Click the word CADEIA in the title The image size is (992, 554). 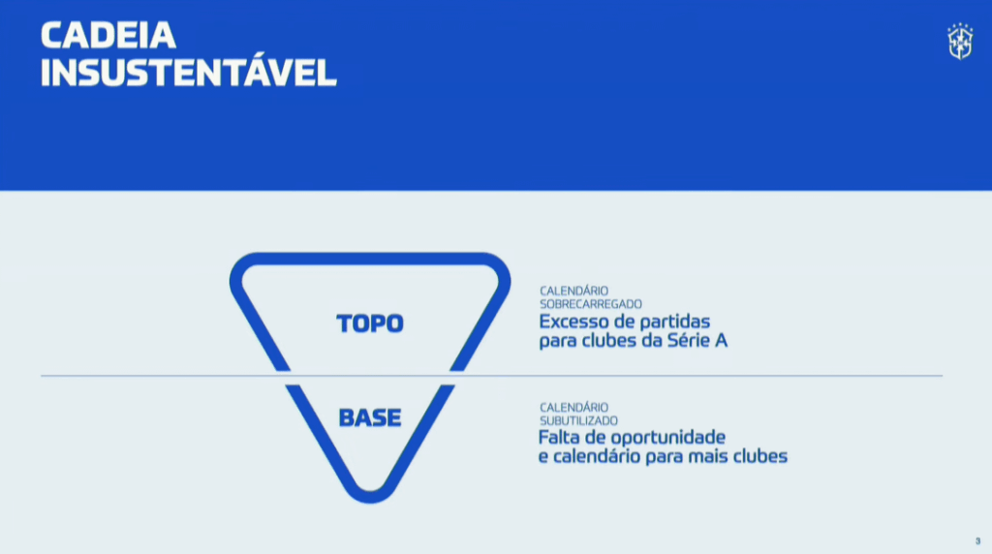[x=108, y=36]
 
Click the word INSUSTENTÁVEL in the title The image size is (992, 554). [x=188, y=73]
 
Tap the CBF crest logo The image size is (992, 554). [x=959, y=42]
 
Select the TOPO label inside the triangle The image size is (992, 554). [x=370, y=323]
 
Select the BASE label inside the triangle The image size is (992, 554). [x=370, y=418]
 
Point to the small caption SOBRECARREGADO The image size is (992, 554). [x=591, y=304]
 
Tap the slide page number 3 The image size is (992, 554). [x=977, y=540]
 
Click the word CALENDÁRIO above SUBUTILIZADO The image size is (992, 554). [x=573, y=408]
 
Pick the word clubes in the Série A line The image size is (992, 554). [x=604, y=341]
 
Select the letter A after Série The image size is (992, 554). [x=721, y=341]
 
